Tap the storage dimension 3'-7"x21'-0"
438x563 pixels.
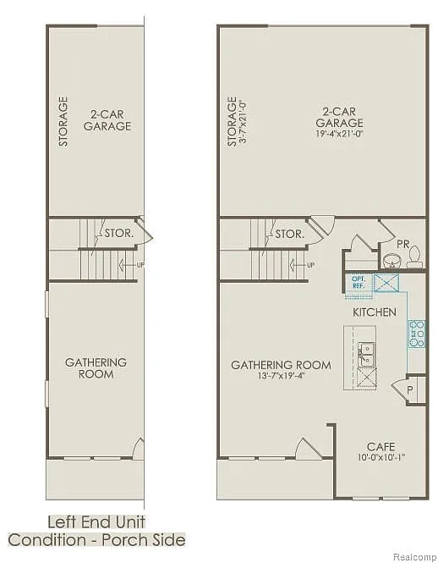tap(244, 121)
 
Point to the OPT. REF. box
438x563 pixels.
tap(357, 282)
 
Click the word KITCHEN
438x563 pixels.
tap(374, 312)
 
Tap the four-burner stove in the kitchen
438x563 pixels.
tap(416, 334)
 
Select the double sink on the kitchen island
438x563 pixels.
tap(366, 354)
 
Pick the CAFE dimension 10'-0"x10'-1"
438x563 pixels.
tap(381, 458)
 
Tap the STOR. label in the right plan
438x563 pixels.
tap(289, 234)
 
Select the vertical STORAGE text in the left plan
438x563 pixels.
tap(63, 121)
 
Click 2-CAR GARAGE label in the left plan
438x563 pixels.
tap(107, 119)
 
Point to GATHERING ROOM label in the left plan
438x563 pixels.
tap(96, 367)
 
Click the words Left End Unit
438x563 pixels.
tap(96, 522)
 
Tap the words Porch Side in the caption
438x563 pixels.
tap(146, 539)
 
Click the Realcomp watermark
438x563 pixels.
tap(414, 555)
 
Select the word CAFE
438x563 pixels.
tap(381, 446)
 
